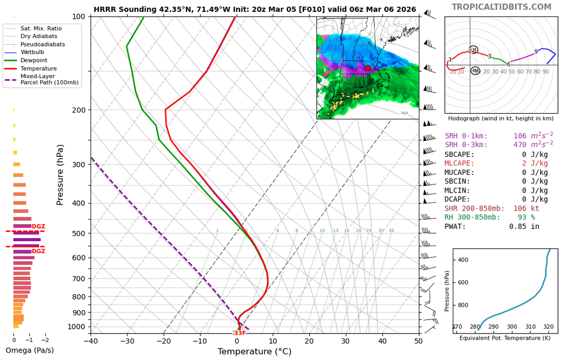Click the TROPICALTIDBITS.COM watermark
[509, 7]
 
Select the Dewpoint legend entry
[33, 60]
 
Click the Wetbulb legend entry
[34, 52]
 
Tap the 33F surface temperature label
[240, 333]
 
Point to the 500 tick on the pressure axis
[78, 233]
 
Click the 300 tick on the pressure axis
[78, 165]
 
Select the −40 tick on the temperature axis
[91, 341]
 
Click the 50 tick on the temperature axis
[419, 341]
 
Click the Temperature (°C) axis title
[255, 352]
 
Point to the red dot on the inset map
[367, 68]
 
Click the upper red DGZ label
[38, 226]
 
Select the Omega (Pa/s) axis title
[29, 350]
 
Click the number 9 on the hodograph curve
[536, 52]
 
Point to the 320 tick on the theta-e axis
[548, 327]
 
